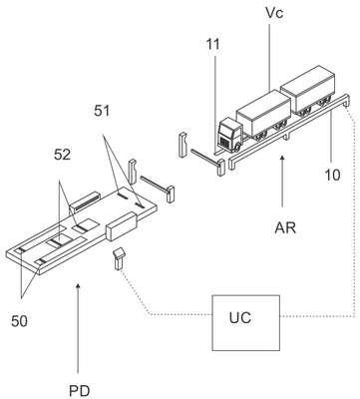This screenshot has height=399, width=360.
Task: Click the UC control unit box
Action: coord(246,323)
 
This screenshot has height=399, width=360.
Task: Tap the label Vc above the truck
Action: coord(274,13)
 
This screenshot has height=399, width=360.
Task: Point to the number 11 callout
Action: coord(212,44)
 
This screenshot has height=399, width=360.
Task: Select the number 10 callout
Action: coord(332,175)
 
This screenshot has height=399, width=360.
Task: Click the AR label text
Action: coord(285,227)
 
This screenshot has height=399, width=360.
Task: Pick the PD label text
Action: coord(79,391)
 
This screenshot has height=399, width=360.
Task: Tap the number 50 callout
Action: coord(19,321)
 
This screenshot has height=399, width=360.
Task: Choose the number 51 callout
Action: coord(102,111)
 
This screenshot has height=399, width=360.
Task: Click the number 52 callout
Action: coord(63,155)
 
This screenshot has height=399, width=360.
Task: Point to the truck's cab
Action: coord(229,136)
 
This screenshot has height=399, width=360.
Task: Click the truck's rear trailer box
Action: coord(308,90)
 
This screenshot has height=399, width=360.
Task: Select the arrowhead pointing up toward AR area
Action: coord(282,160)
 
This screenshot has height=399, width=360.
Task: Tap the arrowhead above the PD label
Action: coord(78,286)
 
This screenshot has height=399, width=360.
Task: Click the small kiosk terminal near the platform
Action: coord(119,258)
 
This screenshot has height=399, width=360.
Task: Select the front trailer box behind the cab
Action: coord(264,113)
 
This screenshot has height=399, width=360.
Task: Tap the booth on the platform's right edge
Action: coord(122,226)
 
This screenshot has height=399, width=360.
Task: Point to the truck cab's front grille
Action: coord(225,143)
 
